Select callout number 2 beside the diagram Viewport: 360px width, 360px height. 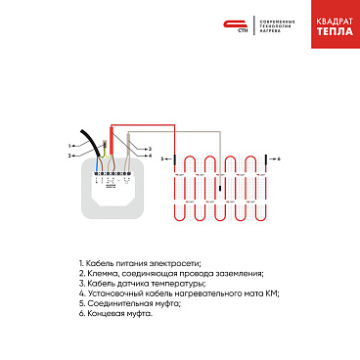(x=70, y=156)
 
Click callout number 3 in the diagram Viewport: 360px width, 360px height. (x=150, y=148)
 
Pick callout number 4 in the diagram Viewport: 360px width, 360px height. (x=150, y=156)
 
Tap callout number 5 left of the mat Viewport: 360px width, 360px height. (x=162, y=157)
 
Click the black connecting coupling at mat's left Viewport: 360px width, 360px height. (x=176, y=157)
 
